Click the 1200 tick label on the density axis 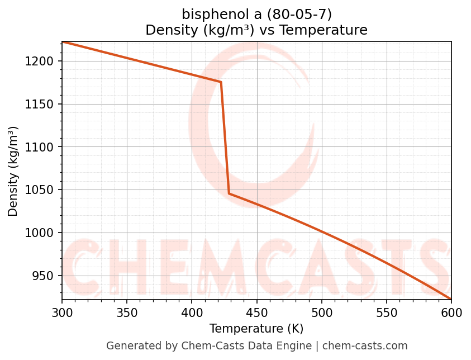click(x=40, y=61)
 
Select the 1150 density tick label click(x=40, y=105)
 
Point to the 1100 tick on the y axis click(x=40, y=147)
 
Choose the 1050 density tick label click(x=40, y=190)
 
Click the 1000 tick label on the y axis click(x=40, y=233)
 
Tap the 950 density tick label click(x=43, y=276)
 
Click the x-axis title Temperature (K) click(x=256, y=329)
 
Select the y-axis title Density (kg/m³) click(x=13, y=171)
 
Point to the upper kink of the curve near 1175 click(x=221, y=82)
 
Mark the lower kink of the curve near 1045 click(x=229, y=193)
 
